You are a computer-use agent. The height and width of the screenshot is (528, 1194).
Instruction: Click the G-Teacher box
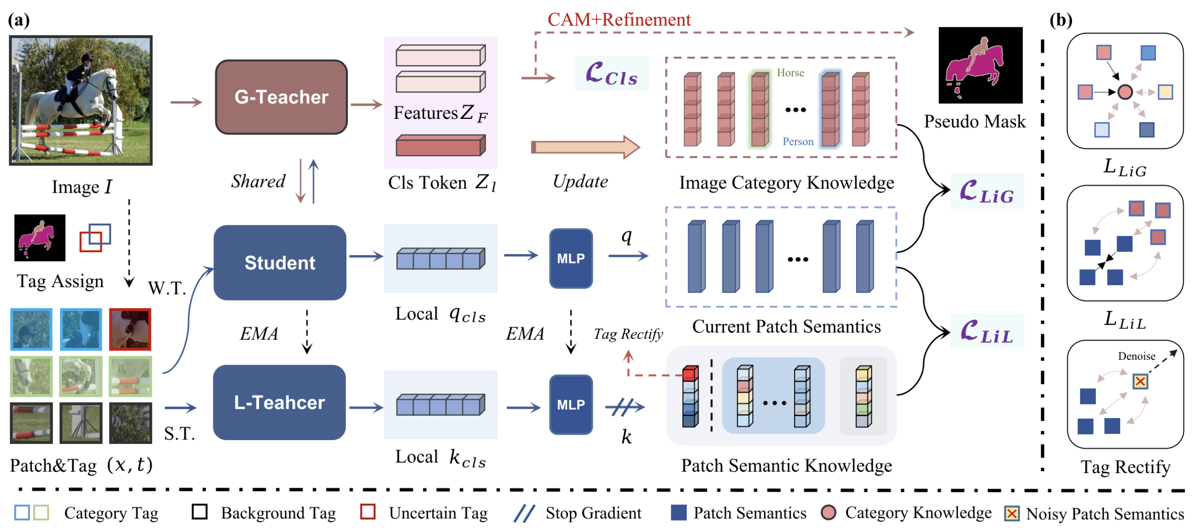[x=281, y=97]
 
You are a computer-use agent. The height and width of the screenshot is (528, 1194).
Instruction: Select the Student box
[x=280, y=263]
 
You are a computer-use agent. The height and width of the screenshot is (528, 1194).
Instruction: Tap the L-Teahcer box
[x=279, y=403]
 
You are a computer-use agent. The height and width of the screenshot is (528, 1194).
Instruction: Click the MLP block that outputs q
[x=571, y=258]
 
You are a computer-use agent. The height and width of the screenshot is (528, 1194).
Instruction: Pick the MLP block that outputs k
[x=571, y=404]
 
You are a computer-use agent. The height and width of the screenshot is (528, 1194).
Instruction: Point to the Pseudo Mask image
[x=980, y=65]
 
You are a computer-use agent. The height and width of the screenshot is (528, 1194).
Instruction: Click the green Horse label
[x=790, y=73]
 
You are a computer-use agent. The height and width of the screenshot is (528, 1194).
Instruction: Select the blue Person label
[x=798, y=141]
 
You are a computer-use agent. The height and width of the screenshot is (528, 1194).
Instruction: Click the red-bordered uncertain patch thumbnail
[x=130, y=329]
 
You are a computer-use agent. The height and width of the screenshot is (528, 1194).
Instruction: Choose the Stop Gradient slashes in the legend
[x=524, y=513]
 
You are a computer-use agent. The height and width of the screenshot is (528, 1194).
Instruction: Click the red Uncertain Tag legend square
[x=367, y=512]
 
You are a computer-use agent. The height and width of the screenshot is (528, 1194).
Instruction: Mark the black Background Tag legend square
[x=199, y=512]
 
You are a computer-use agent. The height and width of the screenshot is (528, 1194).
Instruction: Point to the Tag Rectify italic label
[x=628, y=334]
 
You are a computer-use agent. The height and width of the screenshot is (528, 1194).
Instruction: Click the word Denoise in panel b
[x=1136, y=356]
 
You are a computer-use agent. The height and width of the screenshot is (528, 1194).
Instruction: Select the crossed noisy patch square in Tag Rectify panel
[x=1140, y=381]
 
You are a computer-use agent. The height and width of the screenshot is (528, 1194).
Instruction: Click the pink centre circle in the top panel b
[x=1125, y=92]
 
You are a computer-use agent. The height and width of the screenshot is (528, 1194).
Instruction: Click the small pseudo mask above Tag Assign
[x=40, y=238]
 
